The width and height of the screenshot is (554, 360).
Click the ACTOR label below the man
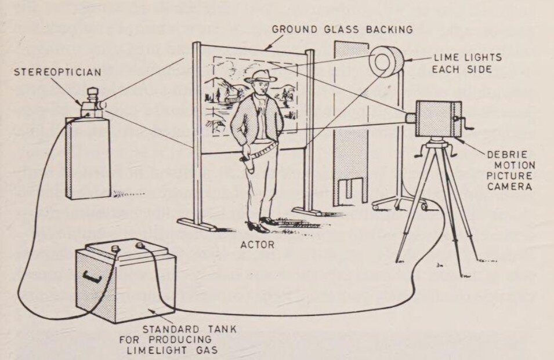pyautogui.click(x=257, y=244)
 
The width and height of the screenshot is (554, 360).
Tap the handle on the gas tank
pyautogui.click(x=89, y=275)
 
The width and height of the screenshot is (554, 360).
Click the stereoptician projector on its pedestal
pyautogui.click(x=92, y=104)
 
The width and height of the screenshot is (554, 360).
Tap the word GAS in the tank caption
pyautogui.click(x=208, y=351)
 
